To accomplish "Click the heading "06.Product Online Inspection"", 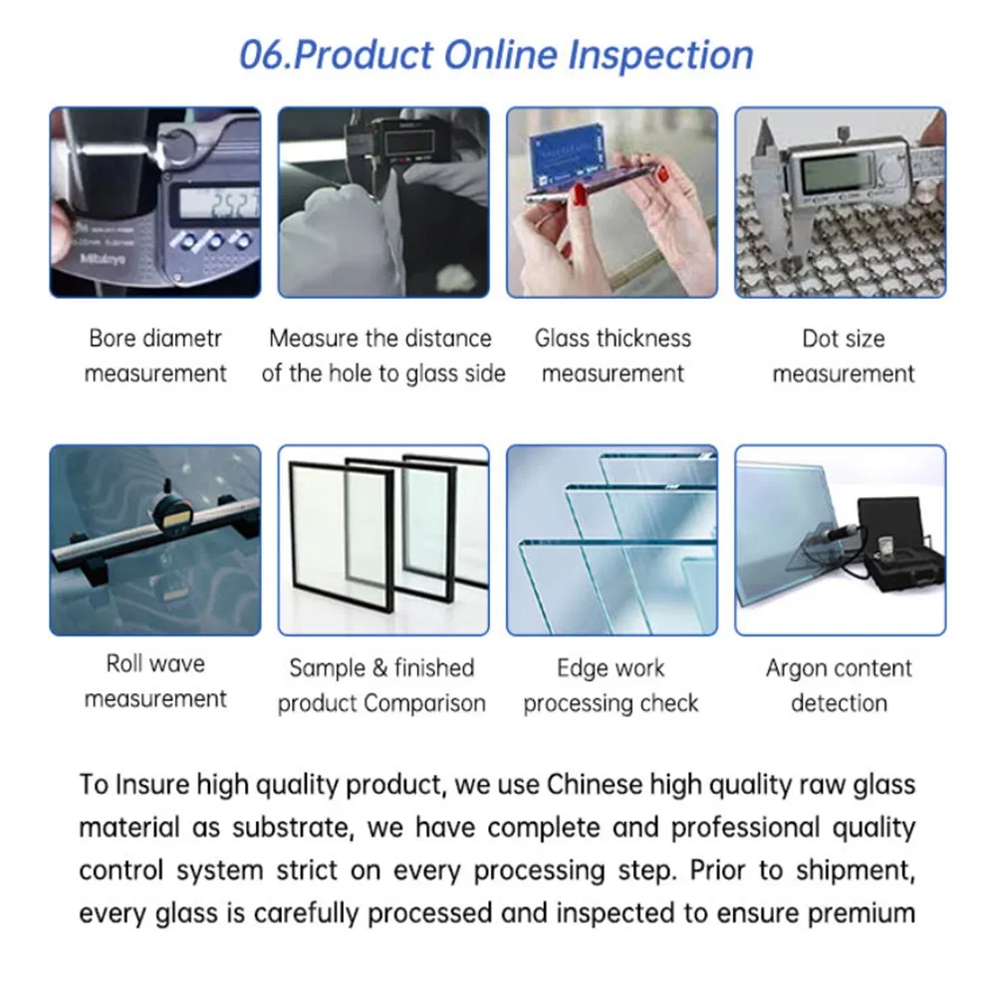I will pyautogui.click(x=496, y=55).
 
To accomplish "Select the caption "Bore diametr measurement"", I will pyautogui.click(x=155, y=357).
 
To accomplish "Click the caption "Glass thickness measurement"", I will pyautogui.click(x=613, y=357).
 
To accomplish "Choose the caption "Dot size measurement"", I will pyautogui.click(x=843, y=357).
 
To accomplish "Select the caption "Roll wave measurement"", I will pyautogui.click(x=155, y=681).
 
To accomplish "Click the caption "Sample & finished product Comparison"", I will pyautogui.click(x=381, y=685).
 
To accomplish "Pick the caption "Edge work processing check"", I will pyautogui.click(x=611, y=685).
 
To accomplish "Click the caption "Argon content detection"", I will pyautogui.click(x=840, y=685).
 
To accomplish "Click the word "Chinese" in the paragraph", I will pyautogui.click(x=595, y=784).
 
